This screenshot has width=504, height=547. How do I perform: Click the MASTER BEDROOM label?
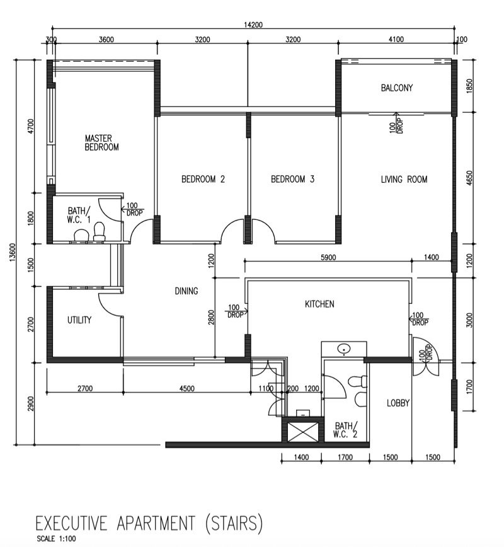pos(102,142)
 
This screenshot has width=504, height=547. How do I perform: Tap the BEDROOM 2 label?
pos(203,180)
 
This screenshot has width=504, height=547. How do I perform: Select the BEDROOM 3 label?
pos(292,180)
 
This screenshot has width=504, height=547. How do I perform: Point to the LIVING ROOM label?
pos(404,180)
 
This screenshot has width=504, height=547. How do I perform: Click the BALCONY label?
pos(397,88)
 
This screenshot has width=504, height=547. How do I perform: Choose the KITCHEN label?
pos(319,304)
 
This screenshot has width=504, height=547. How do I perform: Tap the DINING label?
pos(186,291)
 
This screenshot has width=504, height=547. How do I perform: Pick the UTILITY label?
pos(79,320)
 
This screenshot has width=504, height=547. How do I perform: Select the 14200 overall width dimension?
pos(253,25)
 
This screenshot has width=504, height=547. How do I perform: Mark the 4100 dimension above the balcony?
pos(396,40)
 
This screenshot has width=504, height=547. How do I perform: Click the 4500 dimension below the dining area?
pos(187,389)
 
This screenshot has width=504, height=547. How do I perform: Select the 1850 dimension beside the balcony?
pos(468,86)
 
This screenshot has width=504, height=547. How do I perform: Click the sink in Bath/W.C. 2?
pos(344,348)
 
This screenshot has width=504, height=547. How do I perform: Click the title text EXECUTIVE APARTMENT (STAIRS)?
pos(148,523)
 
